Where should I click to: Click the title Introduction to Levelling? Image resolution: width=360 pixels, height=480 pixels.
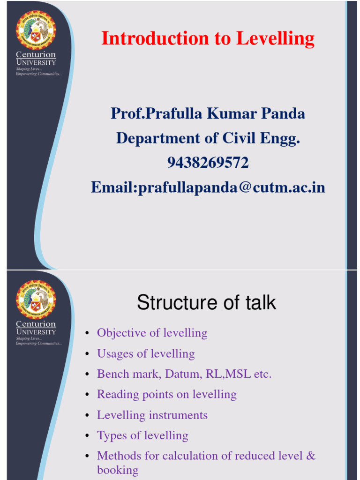pos(208,38)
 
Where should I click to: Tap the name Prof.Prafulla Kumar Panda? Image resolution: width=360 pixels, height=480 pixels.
pos(208,113)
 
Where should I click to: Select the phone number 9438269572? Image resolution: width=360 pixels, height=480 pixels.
pos(208,163)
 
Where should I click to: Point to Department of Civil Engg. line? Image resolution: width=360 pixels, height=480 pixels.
pos(208,138)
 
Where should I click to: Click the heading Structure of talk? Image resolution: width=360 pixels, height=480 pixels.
pos(206,303)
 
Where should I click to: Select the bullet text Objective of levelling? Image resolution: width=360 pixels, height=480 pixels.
pos(152,333)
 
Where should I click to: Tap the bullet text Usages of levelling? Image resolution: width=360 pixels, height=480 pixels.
pos(146,354)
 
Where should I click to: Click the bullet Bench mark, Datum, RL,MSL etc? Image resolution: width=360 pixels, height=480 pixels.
pos(184,374)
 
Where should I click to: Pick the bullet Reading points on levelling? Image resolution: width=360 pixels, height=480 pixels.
pos(166,395)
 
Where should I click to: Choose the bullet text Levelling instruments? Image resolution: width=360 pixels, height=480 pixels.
pos(152,415)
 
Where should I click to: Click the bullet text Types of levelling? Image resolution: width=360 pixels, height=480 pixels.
pos(142,435)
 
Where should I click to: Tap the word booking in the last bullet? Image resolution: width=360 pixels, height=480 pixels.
pos(118,470)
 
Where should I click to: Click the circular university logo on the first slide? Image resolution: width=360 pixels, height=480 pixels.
pos(36,30)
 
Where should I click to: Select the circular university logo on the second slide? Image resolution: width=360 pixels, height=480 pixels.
pos(36,300)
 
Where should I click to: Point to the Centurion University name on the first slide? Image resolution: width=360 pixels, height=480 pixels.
pos(36,58)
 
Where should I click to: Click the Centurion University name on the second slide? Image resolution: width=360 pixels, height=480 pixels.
pos(36,328)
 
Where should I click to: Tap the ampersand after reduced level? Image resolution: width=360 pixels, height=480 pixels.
pos(311,456)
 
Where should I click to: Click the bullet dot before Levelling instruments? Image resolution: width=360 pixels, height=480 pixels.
pos(87,416)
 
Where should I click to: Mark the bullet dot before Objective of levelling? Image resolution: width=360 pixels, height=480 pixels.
pos(87,334)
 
